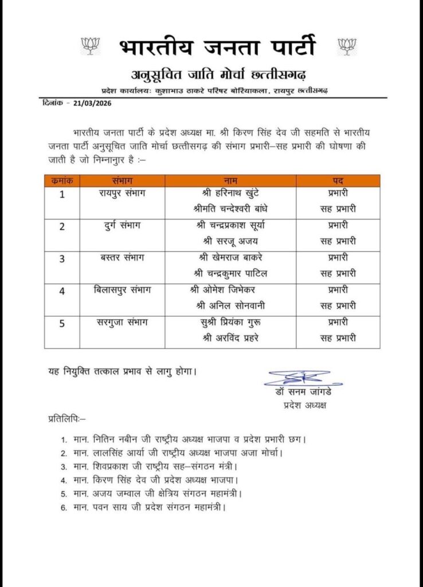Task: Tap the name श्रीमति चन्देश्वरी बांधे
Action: click(x=228, y=208)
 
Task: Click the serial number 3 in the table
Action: click(x=62, y=258)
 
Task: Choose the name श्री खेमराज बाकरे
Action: click(x=228, y=257)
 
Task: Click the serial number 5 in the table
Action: click(x=62, y=323)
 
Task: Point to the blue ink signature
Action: click(x=297, y=378)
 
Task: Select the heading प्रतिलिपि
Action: click(x=66, y=420)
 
